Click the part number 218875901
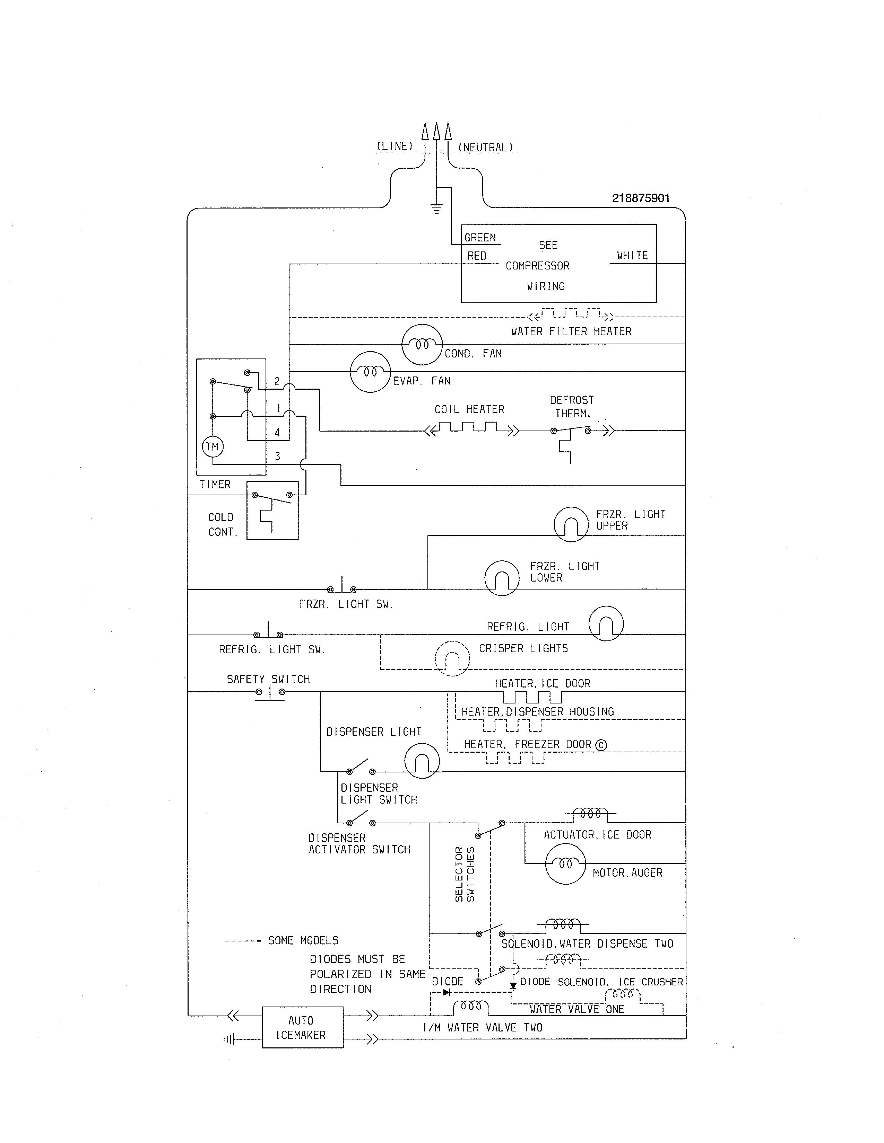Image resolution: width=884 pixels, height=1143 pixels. [x=641, y=198]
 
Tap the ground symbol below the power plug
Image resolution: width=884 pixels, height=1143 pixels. [x=436, y=209]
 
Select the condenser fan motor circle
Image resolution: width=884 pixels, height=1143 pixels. [x=422, y=344]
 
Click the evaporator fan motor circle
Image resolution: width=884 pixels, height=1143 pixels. [x=370, y=372]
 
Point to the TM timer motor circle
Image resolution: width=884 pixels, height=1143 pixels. [x=212, y=447]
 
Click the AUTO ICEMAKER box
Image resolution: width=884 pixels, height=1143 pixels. [x=302, y=1027]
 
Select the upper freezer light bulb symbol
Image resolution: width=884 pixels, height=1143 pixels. [x=571, y=524]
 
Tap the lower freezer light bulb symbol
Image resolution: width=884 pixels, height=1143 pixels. [x=502, y=578]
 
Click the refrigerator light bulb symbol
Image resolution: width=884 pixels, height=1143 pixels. [x=606, y=623]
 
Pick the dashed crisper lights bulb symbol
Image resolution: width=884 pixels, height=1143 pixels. [x=452, y=658]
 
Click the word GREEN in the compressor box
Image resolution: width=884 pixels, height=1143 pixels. [x=480, y=238]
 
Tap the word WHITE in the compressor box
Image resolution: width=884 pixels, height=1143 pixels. [x=632, y=255]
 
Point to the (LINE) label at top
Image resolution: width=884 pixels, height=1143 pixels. [x=395, y=146]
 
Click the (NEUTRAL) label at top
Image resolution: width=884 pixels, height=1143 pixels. [x=485, y=148]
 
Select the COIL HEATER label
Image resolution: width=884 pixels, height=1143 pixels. [x=469, y=409]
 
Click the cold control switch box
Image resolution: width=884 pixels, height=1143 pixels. [x=273, y=510]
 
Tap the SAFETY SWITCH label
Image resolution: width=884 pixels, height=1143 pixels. [x=268, y=679]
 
